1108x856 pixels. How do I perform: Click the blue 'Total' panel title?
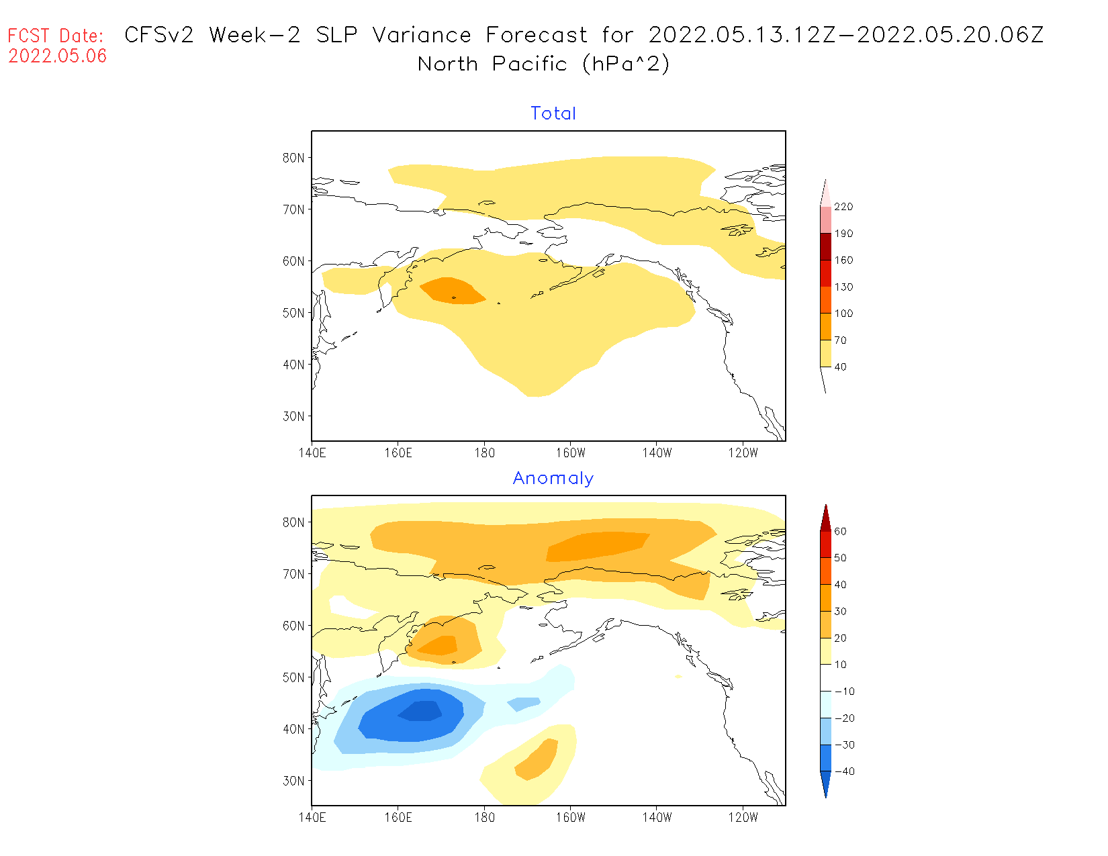(x=553, y=113)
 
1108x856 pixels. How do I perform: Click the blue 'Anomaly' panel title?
(x=553, y=478)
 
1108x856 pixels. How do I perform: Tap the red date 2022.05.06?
(x=57, y=56)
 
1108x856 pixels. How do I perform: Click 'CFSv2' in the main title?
(x=159, y=35)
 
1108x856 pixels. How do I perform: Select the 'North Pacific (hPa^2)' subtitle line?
(x=543, y=64)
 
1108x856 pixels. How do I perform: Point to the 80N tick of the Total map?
(x=293, y=158)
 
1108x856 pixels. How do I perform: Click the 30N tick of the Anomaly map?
(x=293, y=781)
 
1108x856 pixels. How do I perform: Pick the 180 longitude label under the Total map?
(x=484, y=453)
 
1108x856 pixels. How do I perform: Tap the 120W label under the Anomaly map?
(x=742, y=818)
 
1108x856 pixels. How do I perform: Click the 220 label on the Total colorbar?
(x=843, y=207)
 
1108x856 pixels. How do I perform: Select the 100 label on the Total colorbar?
(x=843, y=314)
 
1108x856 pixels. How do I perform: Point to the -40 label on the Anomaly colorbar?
(x=845, y=771)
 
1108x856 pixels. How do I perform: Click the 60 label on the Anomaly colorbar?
(x=840, y=531)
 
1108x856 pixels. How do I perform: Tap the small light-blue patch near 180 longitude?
(x=524, y=704)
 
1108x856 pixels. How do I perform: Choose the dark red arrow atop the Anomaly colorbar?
(x=825, y=518)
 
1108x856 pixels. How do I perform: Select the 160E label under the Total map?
(x=398, y=453)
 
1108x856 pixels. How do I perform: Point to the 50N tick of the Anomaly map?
(x=293, y=677)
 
